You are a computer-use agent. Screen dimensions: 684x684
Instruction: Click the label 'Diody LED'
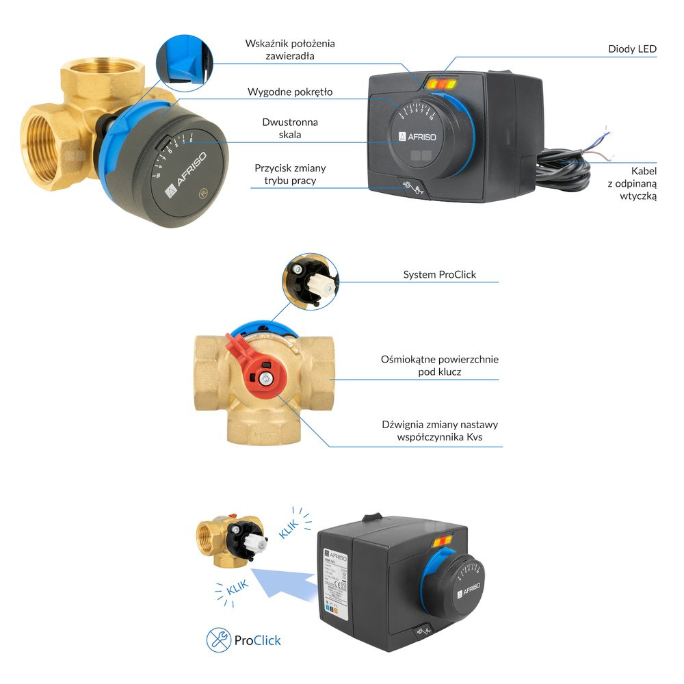pyautogui.click(x=631, y=49)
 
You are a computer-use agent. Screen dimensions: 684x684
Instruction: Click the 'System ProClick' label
pyautogui.click(x=439, y=275)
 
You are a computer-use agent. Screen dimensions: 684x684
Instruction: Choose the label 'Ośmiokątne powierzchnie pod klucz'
pyautogui.click(x=440, y=365)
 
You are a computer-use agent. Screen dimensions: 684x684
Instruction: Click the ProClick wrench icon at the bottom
pyautogui.click(x=218, y=640)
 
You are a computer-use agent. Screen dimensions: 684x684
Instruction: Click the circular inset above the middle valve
pyautogui.click(x=310, y=281)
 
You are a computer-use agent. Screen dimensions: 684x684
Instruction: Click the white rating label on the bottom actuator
pyautogui.click(x=336, y=582)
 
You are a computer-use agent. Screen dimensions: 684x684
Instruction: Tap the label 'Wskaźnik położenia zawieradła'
pyautogui.click(x=290, y=49)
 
